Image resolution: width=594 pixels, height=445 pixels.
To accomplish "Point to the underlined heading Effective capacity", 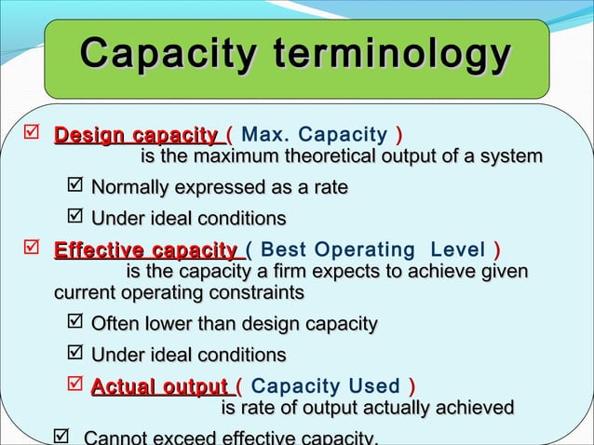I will click(x=145, y=250).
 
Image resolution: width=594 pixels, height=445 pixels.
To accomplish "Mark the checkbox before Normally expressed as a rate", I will click(x=76, y=189).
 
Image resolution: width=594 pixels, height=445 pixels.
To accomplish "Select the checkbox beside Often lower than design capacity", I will click(x=76, y=324).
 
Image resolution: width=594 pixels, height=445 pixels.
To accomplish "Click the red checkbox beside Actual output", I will click(x=76, y=386).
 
